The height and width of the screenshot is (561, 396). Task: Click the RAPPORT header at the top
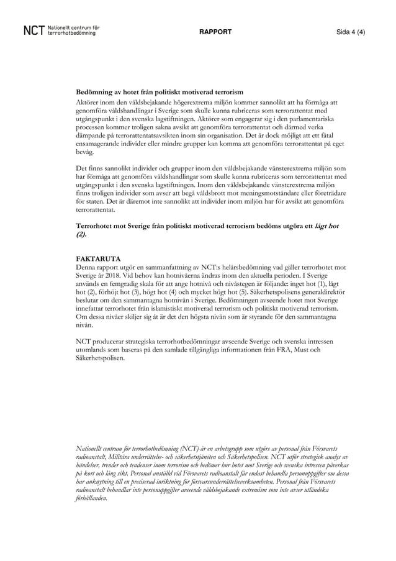(x=215, y=32)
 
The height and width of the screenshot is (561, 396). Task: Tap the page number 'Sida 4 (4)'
(x=351, y=32)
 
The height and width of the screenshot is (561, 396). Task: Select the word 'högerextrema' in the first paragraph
(x=192, y=101)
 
